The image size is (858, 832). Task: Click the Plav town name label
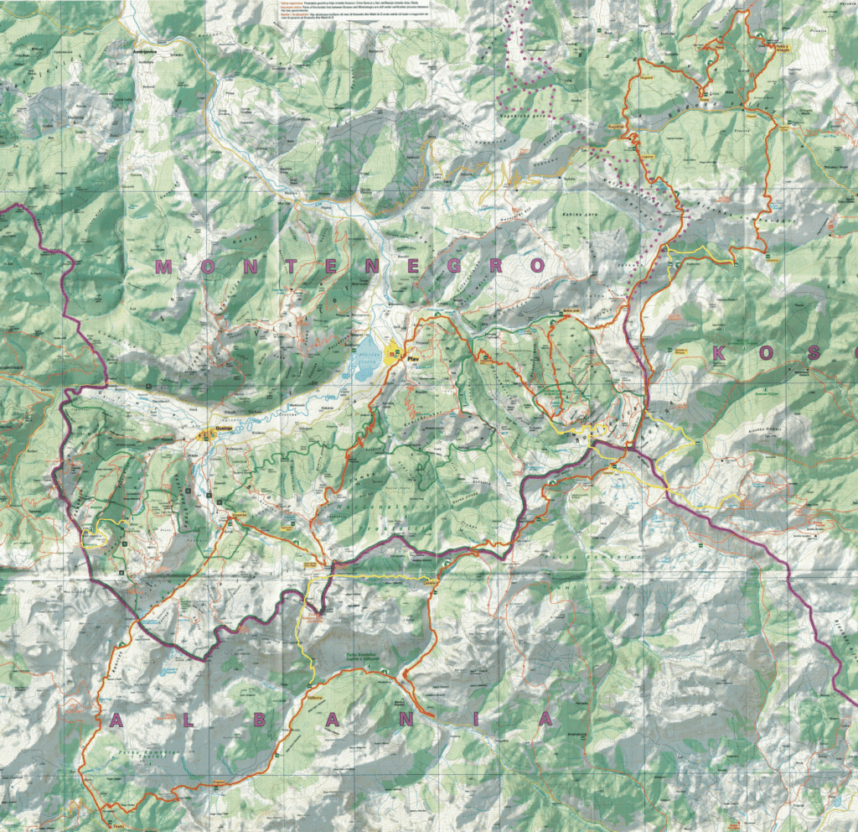tap(411, 359)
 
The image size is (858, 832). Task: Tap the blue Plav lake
tap(367, 359)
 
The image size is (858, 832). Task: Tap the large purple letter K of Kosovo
tap(720, 354)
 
